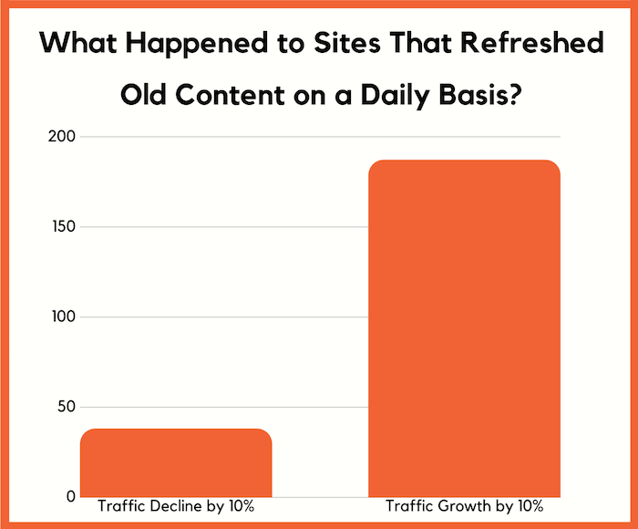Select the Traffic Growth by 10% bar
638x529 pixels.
point(463,328)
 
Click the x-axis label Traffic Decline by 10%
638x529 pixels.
point(176,506)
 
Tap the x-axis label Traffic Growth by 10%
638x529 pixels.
point(463,506)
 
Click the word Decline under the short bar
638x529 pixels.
point(171,506)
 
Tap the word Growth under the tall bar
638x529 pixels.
point(460,506)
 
